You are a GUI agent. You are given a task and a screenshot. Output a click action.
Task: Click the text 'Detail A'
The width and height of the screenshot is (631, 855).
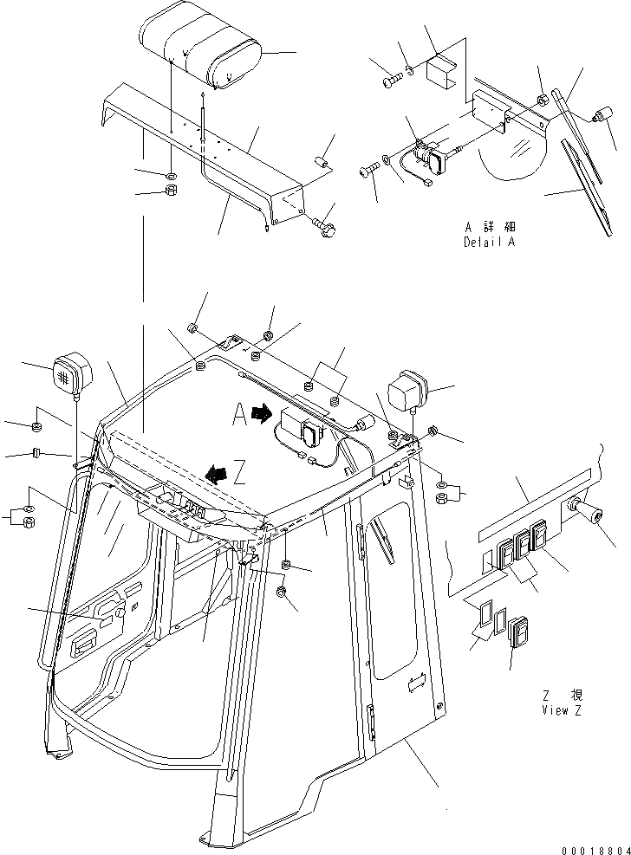click(x=489, y=243)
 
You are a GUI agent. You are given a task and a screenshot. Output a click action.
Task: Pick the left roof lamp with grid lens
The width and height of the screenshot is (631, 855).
click(x=68, y=374)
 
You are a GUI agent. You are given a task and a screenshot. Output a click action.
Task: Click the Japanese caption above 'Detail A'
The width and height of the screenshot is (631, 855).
click(x=489, y=227)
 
